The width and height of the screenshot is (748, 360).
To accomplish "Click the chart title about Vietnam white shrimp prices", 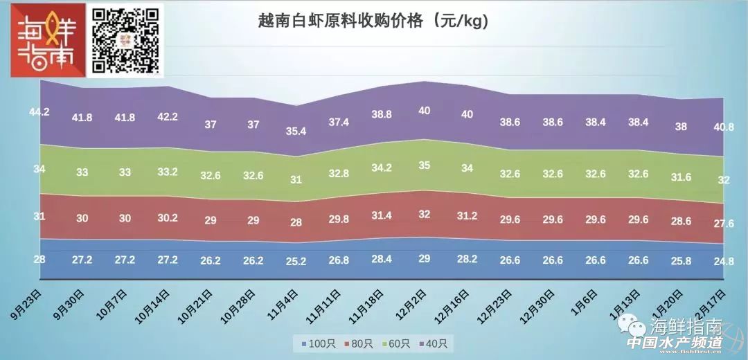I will (x=373, y=21).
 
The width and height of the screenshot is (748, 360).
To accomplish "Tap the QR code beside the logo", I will (x=127, y=39).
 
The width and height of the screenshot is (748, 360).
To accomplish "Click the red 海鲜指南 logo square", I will (x=44, y=41).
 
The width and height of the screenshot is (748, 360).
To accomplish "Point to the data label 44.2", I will (x=39, y=111).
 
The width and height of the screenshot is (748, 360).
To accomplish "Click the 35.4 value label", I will (x=296, y=131).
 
